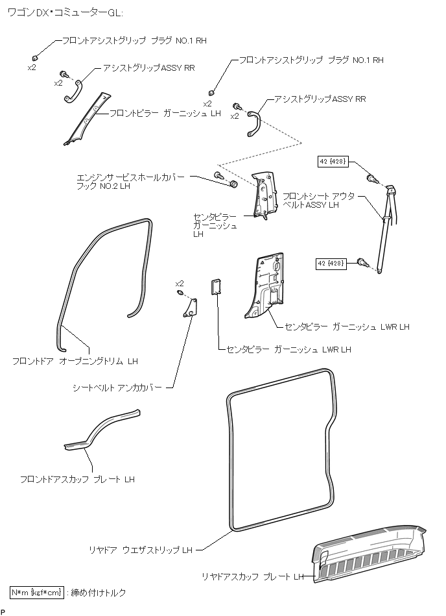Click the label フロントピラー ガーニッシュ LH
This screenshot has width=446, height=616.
[x=165, y=114]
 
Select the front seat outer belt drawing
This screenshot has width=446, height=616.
[x=387, y=227]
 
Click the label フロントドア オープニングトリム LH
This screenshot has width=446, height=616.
[x=75, y=360]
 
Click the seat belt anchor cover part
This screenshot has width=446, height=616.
[x=190, y=308]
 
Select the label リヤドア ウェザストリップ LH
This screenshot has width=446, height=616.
[x=141, y=550]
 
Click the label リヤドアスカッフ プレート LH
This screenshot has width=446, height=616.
[x=252, y=576]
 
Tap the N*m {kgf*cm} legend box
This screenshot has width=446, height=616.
[x=37, y=592]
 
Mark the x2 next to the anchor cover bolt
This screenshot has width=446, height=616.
[x=180, y=284]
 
